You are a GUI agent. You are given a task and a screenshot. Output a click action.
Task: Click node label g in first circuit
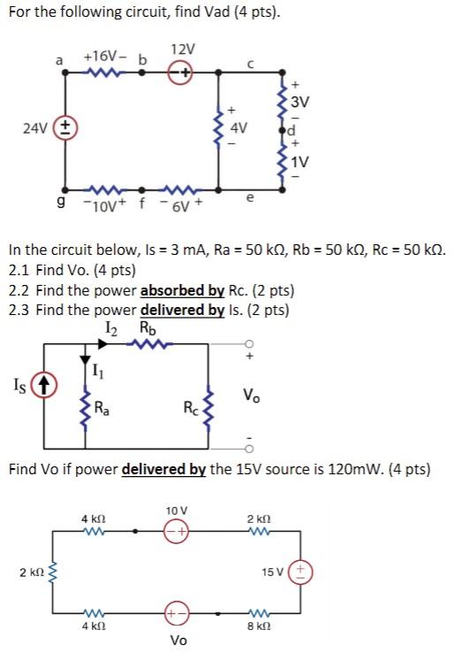pyautogui.click(x=58, y=201)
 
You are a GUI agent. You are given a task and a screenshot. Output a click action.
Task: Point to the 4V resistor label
pyautogui.click(x=238, y=127)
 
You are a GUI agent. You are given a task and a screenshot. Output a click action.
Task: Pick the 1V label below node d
pyautogui.click(x=301, y=162)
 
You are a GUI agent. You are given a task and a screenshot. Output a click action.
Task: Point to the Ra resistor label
pyautogui.click(x=104, y=409)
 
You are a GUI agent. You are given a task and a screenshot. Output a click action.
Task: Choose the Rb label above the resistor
pyautogui.click(x=148, y=329)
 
